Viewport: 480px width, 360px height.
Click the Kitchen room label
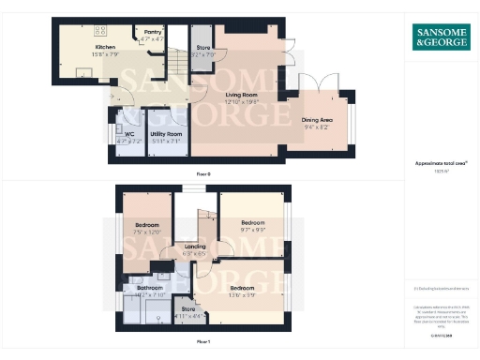(104, 47)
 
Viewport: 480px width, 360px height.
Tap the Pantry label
(151, 33)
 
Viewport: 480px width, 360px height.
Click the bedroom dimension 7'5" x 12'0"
(147, 232)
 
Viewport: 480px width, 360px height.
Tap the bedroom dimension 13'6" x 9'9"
(243, 294)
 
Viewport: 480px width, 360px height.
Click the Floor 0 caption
(202, 174)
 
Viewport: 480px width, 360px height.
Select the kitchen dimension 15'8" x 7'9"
(104, 53)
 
